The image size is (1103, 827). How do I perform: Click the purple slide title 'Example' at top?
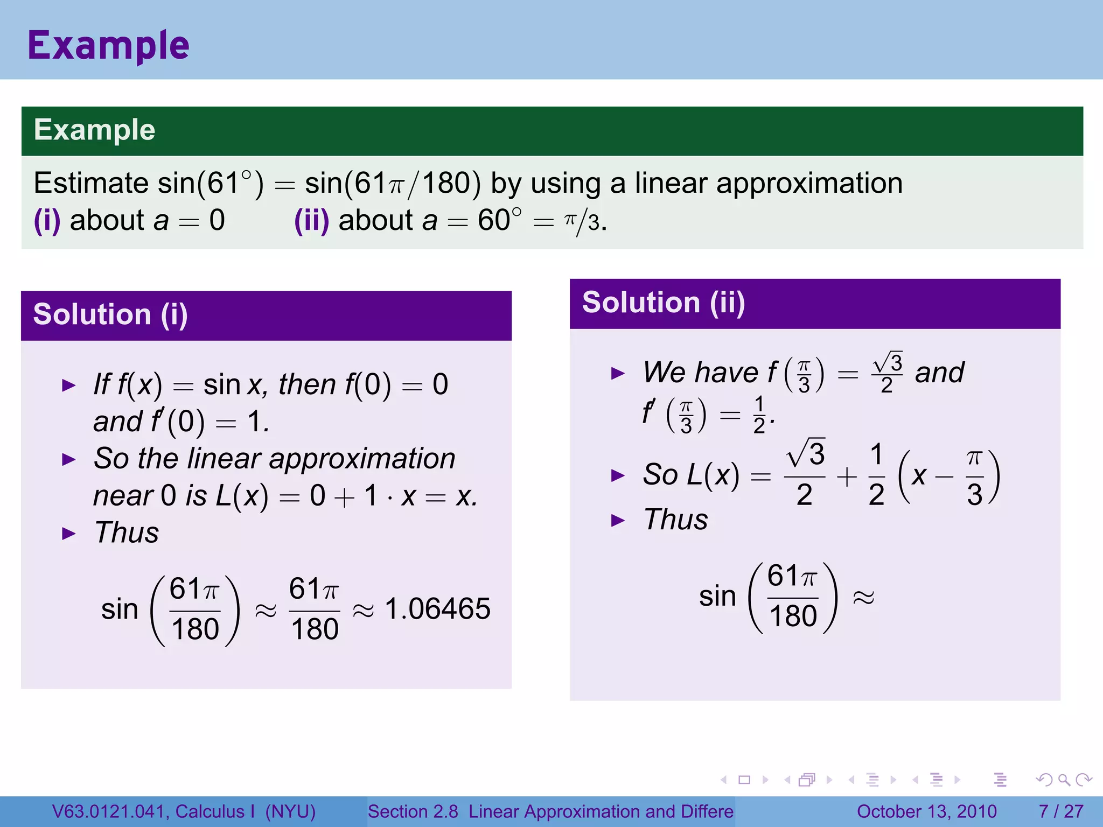pyautogui.click(x=108, y=46)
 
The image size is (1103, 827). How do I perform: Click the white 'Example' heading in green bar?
pyautogui.click(x=94, y=130)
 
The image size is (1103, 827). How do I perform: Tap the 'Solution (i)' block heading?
pyautogui.click(x=110, y=314)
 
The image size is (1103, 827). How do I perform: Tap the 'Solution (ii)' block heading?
pyautogui.click(x=664, y=302)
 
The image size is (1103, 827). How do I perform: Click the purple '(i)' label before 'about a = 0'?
pyautogui.click(x=47, y=221)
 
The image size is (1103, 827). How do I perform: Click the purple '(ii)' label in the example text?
pyautogui.click(x=311, y=221)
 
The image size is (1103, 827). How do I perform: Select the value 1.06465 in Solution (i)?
pyautogui.click(x=437, y=609)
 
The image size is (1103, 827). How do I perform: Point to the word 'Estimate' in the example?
pyautogui.click(x=90, y=183)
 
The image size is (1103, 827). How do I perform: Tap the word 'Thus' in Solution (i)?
pyautogui.click(x=127, y=533)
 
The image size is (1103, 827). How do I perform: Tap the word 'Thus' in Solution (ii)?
pyautogui.click(x=676, y=520)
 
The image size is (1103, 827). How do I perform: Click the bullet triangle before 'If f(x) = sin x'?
pyautogui.click(x=69, y=386)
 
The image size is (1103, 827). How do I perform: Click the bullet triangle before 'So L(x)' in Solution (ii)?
pyautogui.click(x=618, y=475)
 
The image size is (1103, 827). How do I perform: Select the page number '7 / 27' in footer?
pyautogui.click(x=1060, y=811)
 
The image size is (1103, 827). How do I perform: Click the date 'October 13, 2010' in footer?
pyautogui.click(x=926, y=811)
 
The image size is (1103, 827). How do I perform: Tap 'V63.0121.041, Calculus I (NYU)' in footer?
pyautogui.click(x=184, y=811)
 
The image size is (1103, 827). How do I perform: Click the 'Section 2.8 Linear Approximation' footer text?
pyautogui.click(x=550, y=811)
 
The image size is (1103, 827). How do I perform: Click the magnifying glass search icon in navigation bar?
pyautogui.click(x=1064, y=780)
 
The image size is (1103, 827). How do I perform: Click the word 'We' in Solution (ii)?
pyautogui.click(x=663, y=373)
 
